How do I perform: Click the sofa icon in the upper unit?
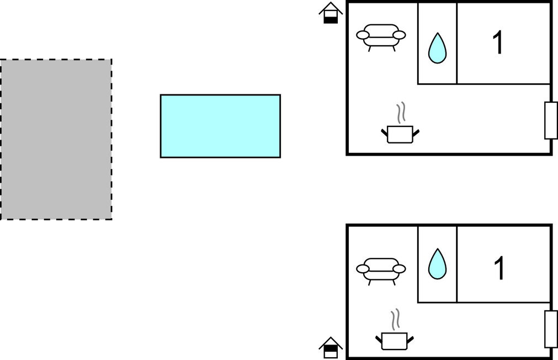(x=381, y=36)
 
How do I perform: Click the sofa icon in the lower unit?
(x=381, y=271)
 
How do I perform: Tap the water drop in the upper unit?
(x=437, y=49)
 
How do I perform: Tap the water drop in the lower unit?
(x=437, y=265)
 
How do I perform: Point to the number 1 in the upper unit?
(x=498, y=43)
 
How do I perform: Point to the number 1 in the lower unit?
(x=499, y=268)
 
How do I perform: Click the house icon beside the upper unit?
(x=331, y=13)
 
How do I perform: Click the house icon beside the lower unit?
(x=331, y=347)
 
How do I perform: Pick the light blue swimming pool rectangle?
(x=220, y=126)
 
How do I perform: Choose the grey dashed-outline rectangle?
(x=56, y=139)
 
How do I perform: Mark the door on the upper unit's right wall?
(x=551, y=120)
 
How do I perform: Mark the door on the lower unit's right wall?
(x=551, y=329)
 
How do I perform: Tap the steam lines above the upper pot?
(x=401, y=113)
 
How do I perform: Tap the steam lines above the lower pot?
(x=395, y=319)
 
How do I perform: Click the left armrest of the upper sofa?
(x=363, y=35)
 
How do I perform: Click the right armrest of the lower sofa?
(x=399, y=269)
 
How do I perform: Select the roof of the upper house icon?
(x=331, y=8)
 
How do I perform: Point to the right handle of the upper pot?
(x=416, y=133)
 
